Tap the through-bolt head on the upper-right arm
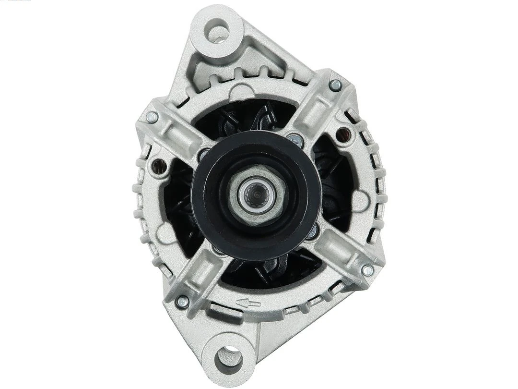click(x=336, y=85)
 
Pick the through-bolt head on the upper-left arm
click(x=152, y=116)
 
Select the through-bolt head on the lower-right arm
click(x=367, y=270)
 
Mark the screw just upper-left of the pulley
click(x=204, y=155)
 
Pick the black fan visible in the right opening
click(x=336, y=182)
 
